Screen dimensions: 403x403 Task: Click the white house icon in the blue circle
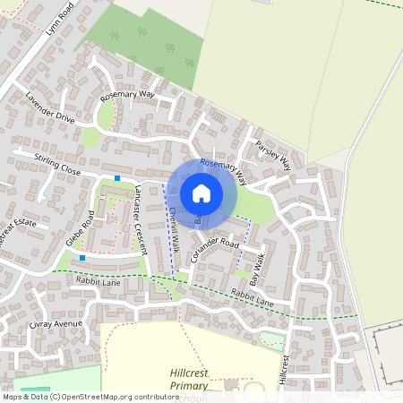(201, 193)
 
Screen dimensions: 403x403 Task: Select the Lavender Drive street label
(51, 107)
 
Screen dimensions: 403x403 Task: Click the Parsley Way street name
(273, 155)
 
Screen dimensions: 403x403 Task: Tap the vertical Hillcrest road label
(285, 369)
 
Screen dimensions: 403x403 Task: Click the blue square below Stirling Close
(117, 178)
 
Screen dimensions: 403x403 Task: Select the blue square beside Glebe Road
(82, 258)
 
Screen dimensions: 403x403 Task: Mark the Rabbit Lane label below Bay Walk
(253, 297)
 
